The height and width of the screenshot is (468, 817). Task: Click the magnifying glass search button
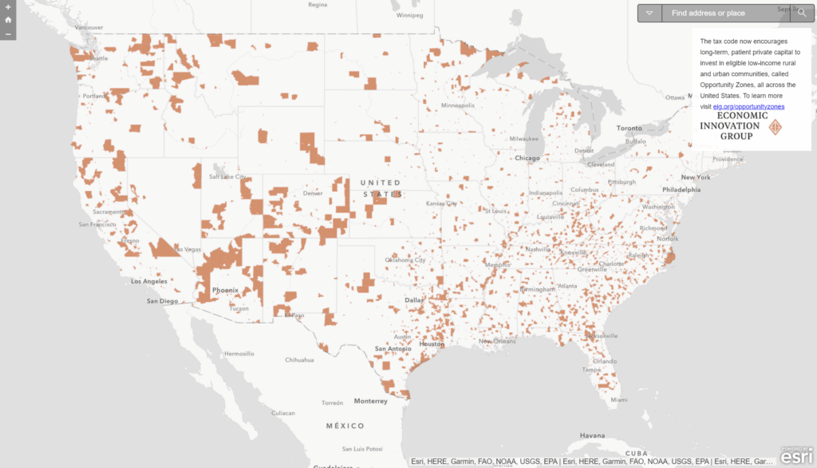pos(801,13)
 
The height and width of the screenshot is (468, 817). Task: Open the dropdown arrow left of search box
pos(649,13)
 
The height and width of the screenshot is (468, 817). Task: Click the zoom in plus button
pos(8,6)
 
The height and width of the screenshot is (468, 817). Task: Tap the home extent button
pos(8,20)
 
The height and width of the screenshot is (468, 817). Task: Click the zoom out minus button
pos(8,34)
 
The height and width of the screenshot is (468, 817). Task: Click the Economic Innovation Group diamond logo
pos(775,127)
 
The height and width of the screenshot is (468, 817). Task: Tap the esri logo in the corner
pos(796,457)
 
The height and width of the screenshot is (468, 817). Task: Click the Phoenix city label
pos(225,290)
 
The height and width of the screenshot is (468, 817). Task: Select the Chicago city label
pos(527,158)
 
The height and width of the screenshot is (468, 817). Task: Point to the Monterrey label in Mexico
pos(371,401)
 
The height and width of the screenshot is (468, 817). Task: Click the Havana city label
pos(593,435)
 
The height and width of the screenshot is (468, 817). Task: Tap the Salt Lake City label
pos(227,176)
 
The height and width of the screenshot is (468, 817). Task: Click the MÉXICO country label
pos(345,426)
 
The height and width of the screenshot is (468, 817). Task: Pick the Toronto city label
pos(629,128)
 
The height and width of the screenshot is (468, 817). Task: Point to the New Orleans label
pos(497,341)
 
